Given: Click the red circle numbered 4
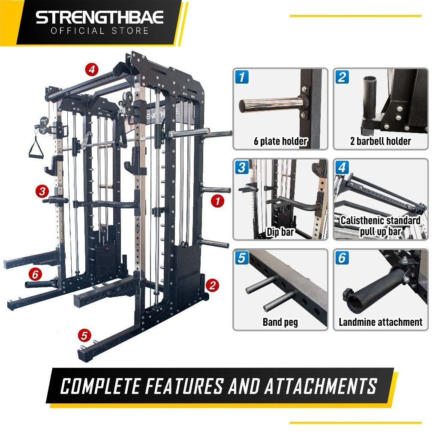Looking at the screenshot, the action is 92,69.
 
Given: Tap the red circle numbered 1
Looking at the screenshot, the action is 217,201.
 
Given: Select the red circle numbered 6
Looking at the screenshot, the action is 35,274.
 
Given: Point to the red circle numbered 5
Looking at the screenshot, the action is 84,335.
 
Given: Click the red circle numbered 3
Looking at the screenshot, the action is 42,191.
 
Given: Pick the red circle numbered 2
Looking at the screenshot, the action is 212,285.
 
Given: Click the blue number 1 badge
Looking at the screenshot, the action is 242,77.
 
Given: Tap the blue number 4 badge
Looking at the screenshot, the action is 342,168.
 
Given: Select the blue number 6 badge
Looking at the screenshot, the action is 342,258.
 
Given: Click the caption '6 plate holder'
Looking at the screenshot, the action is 280,141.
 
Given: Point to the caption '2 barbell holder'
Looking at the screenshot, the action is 381,141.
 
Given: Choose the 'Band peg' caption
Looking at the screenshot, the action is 280,322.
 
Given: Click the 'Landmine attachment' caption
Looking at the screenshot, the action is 381,322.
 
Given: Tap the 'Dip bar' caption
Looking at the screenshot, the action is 280,232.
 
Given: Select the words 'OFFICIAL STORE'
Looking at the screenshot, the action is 99,31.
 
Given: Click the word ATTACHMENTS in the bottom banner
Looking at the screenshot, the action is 321,386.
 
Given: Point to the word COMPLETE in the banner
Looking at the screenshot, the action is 100,386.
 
